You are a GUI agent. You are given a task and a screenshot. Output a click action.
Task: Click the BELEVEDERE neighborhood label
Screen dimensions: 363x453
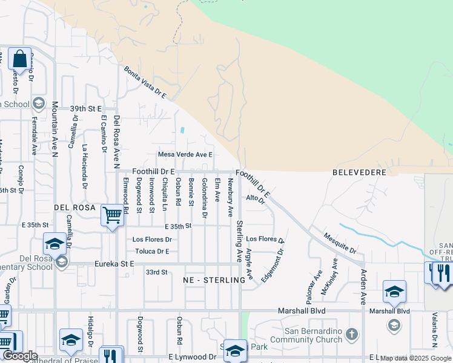click(x=359, y=172)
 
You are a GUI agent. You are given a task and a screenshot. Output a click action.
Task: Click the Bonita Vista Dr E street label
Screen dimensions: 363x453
click(x=145, y=83)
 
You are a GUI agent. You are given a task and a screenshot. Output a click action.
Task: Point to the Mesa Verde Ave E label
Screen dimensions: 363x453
click(x=185, y=155)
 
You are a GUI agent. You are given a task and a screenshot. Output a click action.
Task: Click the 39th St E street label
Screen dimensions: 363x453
click(x=86, y=109)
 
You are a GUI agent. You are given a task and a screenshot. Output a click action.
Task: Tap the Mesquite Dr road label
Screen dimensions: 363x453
click(x=340, y=243)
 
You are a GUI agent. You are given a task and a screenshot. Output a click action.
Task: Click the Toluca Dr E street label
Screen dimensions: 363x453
click(x=152, y=251)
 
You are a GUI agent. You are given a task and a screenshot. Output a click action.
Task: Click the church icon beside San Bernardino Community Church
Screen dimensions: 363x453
click(x=352, y=334)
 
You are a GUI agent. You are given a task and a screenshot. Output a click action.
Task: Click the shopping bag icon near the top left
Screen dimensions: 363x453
click(x=19, y=59)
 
